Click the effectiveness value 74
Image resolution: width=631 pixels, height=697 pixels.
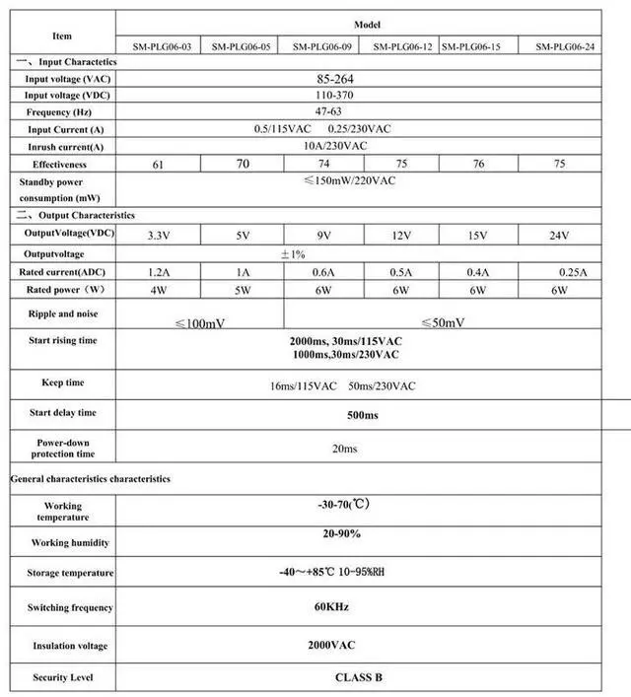323,164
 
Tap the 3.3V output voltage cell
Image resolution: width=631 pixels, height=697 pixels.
158,236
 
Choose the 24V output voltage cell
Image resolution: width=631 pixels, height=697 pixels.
560,236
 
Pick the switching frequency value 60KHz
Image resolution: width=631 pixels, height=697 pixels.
331,607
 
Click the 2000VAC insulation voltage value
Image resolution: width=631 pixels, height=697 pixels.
331,645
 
